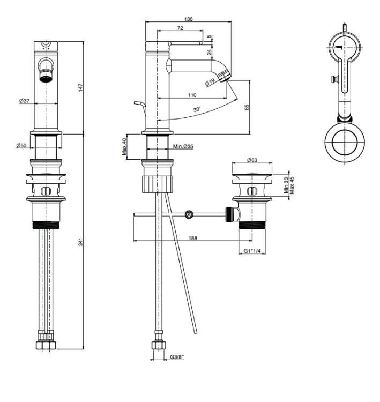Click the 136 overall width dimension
188,19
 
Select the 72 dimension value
180,28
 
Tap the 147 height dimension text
81,88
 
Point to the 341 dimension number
81,242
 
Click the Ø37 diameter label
24,101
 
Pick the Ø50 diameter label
21,145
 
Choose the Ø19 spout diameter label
210,83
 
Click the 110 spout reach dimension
192,95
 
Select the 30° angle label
197,109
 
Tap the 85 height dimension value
247,107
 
